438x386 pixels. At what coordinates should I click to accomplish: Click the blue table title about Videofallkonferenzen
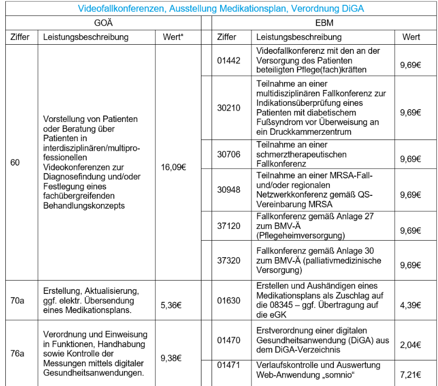pyautogui.click(x=221, y=9)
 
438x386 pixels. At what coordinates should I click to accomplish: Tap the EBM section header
pyautogui.click(x=324, y=23)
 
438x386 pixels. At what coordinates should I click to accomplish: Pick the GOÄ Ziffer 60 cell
pyautogui.click(x=15, y=162)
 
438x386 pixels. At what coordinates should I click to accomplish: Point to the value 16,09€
pyautogui.click(x=173, y=167)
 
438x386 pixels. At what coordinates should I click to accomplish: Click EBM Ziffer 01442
pyautogui.click(x=229, y=60)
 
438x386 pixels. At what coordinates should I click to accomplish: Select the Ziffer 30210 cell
pyautogui.click(x=229, y=108)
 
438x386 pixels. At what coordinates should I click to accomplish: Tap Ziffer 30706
pyautogui.click(x=229, y=154)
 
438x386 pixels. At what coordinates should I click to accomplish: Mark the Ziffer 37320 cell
pyautogui.click(x=229, y=260)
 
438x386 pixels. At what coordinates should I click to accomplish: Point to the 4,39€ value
pyautogui.click(x=410, y=306)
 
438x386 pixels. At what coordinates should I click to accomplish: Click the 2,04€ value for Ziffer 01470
pyautogui.click(x=410, y=345)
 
